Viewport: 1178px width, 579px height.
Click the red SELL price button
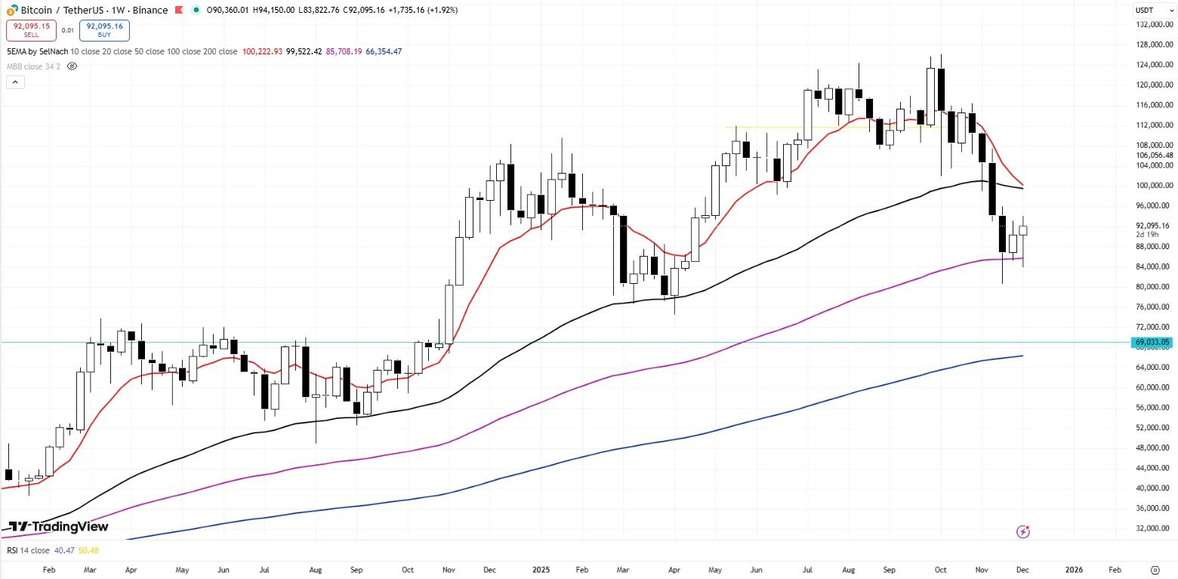[x=31, y=30]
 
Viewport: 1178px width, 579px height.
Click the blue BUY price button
[x=104, y=30]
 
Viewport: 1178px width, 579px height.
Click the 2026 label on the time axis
[x=1073, y=570]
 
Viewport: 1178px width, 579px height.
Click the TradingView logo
[x=58, y=526]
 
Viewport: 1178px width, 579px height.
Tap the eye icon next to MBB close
[x=72, y=66]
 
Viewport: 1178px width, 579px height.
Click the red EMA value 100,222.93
[x=262, y=51]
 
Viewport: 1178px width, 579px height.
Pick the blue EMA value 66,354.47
[x=384, y=51]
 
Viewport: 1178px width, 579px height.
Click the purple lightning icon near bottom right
[x=1023, y=532]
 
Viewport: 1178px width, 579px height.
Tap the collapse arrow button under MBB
[x=15, y=82]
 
